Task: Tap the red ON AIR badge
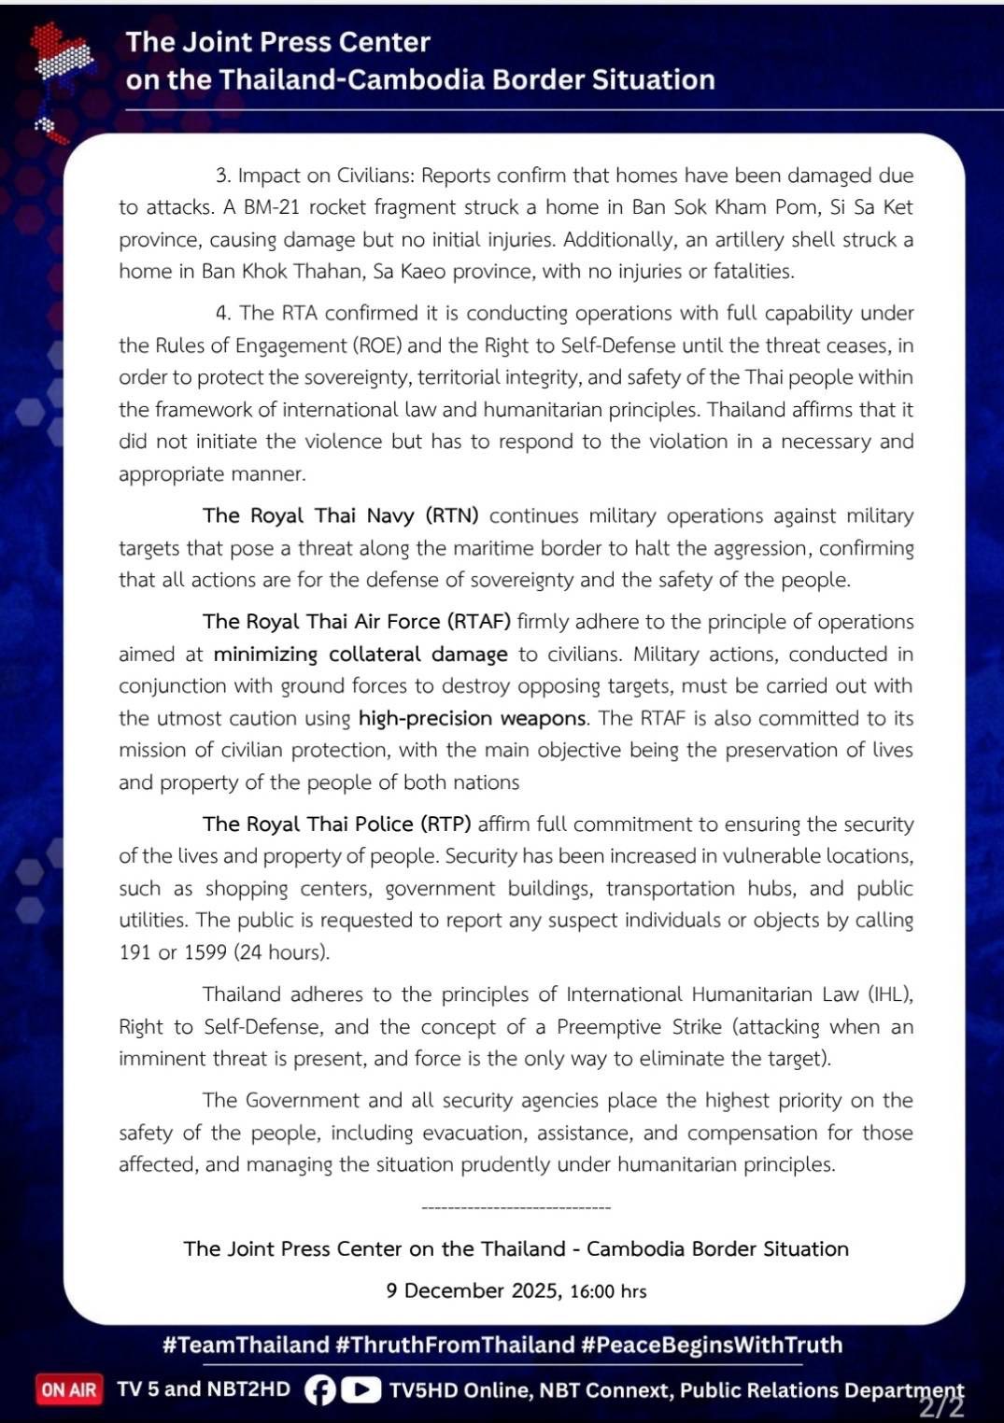pos(68,1389)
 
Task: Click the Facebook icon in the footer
pos(319,1390)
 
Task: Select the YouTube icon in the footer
pos(361,1390)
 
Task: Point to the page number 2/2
pos(941,1407)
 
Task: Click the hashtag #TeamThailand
pos(245,1345)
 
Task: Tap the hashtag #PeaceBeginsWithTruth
pos(711,1345)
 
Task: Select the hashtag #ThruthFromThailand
pos(454,1345)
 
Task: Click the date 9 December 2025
pos(473,1290)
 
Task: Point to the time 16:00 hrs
pos(608,1291)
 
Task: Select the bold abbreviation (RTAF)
pos(478,622)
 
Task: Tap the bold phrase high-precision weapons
pos(473,718)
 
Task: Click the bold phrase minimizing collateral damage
pos(361,655)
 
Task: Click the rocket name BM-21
pos(272,207)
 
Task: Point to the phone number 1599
pos(205,952)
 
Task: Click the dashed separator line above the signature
pos(516,1207)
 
